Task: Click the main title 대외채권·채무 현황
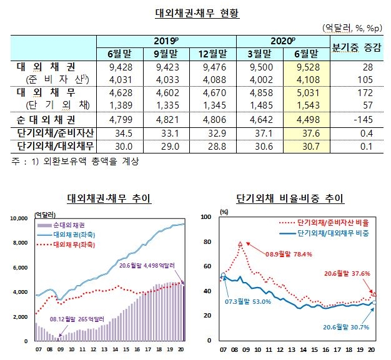[196, 12]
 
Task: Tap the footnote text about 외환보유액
[74, 162]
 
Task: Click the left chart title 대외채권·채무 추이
[109, 198]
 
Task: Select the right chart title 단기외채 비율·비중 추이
[290, 198]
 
